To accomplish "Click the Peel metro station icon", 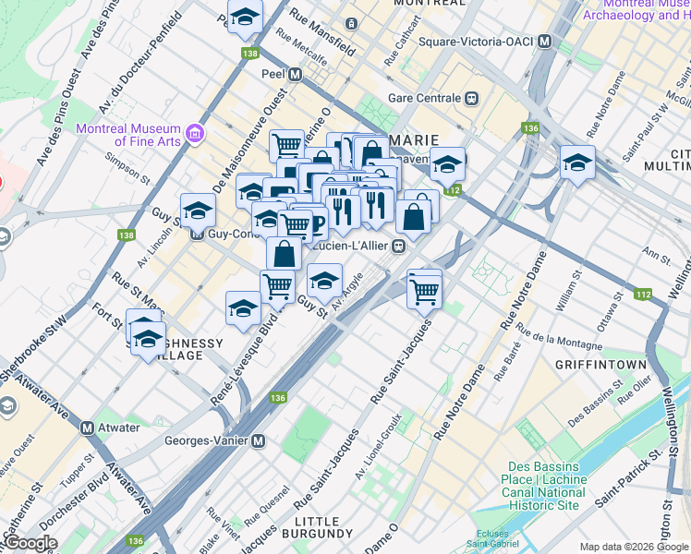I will [x=295, y=75].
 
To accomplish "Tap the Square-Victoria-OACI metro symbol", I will [x=545, y=42].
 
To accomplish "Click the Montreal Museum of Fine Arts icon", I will [x=194, y=134].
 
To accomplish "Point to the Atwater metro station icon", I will [x=88, y=428].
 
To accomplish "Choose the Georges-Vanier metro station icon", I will [x=259, y=440].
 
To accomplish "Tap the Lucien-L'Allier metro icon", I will [x=399, y=247].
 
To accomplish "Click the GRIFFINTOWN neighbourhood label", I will [x=600, y=365].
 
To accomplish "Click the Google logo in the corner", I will [x=30, y=544].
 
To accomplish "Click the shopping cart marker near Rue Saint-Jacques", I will [x=425, y=290].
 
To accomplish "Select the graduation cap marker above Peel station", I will [x=245, y=18].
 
